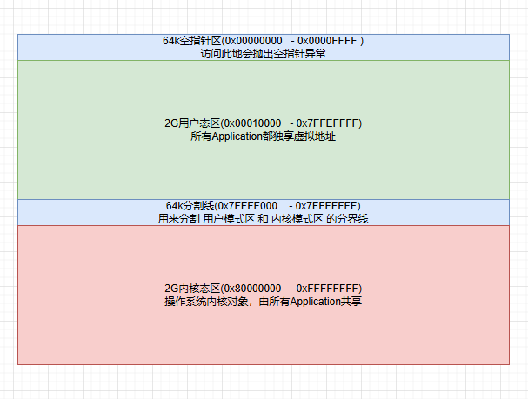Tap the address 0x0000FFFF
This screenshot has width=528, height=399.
[x=328, y=41]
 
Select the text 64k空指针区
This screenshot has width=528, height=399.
[x=191, y=41]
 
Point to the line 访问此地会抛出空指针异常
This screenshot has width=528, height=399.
[x=263, y=54]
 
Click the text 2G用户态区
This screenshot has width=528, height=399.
[x=190, y=123]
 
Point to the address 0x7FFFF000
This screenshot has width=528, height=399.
[x=252, y=206]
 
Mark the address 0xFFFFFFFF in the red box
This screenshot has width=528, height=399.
[x=329, y=289]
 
